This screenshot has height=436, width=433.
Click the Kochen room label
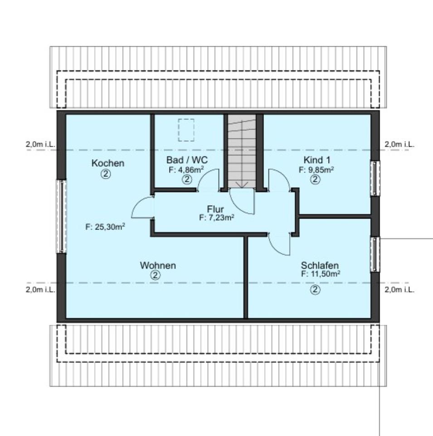(107, 163)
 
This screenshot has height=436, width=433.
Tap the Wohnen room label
(157, 265)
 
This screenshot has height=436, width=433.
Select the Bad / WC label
(187, 161)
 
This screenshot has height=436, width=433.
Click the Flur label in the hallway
(215, 209)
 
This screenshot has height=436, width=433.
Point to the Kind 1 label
(316, 160)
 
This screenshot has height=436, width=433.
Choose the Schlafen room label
(320, 266)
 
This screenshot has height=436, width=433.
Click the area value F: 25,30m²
(105, 227)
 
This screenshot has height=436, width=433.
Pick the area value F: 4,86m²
(186, 170)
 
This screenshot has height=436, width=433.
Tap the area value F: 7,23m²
(216, 218)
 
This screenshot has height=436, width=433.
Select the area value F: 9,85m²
(316, 169)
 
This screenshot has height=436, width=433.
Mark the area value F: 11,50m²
(321, 274)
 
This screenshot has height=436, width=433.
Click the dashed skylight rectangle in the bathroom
(186, 130)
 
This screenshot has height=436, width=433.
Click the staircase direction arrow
(242, 183)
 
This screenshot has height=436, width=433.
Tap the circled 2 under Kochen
(106, 174)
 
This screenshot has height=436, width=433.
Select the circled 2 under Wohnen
(156, 275)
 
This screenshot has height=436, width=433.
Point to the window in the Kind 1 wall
(375, 178)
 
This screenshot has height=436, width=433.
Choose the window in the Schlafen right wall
(375, 254)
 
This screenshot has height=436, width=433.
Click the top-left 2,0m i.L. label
(40, 144)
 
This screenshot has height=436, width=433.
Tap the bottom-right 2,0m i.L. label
(399, 290)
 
